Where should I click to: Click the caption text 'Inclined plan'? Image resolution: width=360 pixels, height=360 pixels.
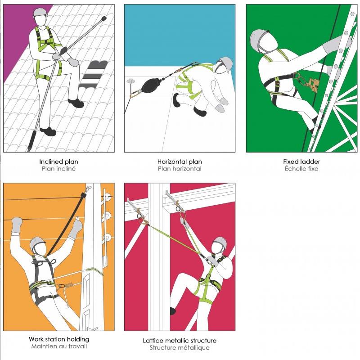[58, 162]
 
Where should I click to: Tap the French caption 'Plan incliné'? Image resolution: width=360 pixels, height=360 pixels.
[58, 169]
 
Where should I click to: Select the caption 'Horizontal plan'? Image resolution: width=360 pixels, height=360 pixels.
[180, 162]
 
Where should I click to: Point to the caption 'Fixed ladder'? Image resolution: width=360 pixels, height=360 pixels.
[301, 162]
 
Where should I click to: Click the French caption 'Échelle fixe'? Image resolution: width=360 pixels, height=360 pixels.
[301, 168]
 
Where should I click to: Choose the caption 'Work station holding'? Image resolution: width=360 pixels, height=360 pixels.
[59, 339]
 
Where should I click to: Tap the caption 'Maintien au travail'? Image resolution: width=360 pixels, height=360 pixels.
[59, 346]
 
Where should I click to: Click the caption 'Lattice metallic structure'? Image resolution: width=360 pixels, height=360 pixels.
[180, 341]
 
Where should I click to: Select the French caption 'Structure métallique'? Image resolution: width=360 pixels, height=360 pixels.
[180, 347]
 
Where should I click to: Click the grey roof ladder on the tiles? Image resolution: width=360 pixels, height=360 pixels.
[94, 75]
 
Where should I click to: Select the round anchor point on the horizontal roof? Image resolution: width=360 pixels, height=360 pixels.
[130, 81]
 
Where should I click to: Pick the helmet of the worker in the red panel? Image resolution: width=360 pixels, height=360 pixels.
[220, 242]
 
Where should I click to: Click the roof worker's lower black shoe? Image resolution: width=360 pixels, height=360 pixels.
[48, 131]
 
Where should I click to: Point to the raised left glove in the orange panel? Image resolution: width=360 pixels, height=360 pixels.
[17, 225]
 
